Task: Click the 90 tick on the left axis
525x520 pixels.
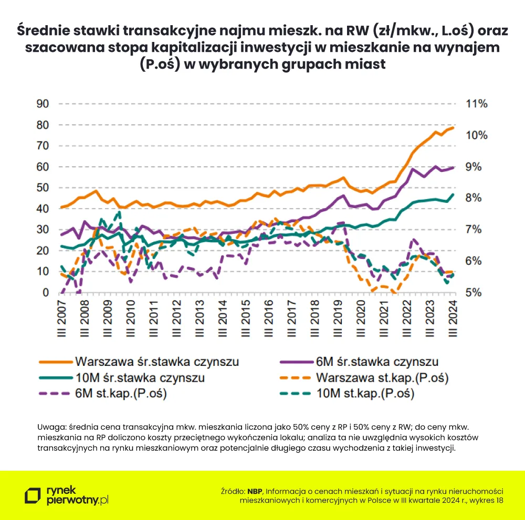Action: (42, 104)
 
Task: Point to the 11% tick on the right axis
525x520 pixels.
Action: (477, 104)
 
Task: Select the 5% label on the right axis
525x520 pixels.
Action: (475, 292)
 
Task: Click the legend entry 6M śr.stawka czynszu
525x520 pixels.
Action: (376, 362)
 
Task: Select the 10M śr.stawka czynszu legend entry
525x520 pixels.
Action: (140, 377)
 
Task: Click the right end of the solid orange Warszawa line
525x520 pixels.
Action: (453, 127)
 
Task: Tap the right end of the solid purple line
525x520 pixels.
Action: (453, 167)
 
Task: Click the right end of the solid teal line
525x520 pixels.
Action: (453, 194)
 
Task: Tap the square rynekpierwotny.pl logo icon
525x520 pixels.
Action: (34, 496)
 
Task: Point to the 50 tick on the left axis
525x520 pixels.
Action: (42, 188)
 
